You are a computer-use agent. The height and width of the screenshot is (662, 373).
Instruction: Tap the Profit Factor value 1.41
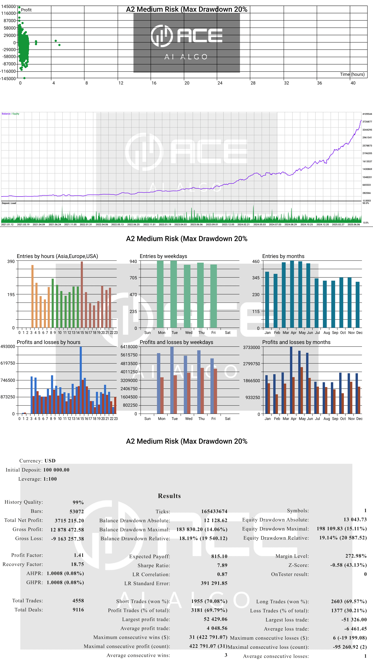(79, 555)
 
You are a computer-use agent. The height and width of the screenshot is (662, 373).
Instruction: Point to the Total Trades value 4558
(78, 601)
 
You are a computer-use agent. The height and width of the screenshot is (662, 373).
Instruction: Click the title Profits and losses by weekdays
(176, 342)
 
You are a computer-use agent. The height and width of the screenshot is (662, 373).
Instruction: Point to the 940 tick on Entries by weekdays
(133, 261)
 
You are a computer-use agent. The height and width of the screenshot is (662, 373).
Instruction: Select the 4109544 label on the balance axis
(367, 114)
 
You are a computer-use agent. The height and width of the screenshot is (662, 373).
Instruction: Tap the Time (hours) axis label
(352, 74)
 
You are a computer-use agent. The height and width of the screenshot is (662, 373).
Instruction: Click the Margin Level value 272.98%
(356, 556)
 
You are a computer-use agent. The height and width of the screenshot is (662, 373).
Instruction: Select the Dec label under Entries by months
(359, 333)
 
